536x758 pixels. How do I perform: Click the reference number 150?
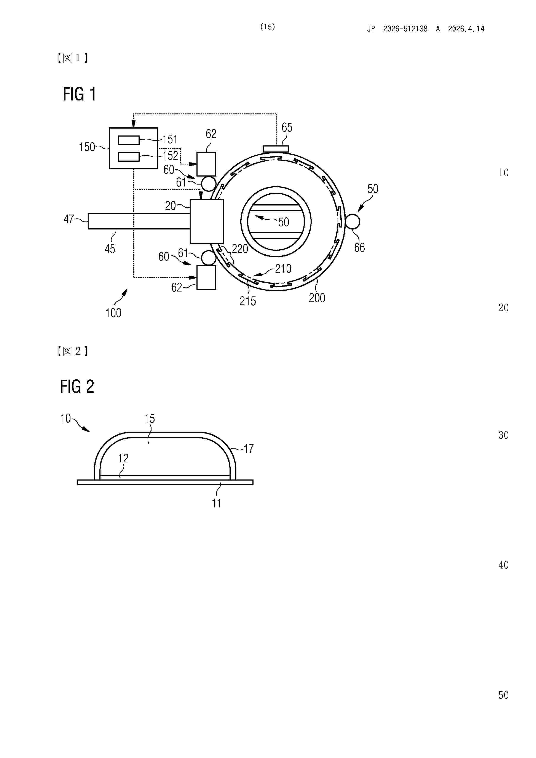pyautogui.click(x=86, y=147)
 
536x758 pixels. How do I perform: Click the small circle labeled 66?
pyautogui.click(x=352, y=221)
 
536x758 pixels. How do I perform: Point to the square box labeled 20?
pyautogui.click(x=207, y=221)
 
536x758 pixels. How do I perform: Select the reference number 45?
pyautogui.click(x=110, y=249)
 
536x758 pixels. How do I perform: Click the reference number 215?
pyautogui.click(x=248, y=301)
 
